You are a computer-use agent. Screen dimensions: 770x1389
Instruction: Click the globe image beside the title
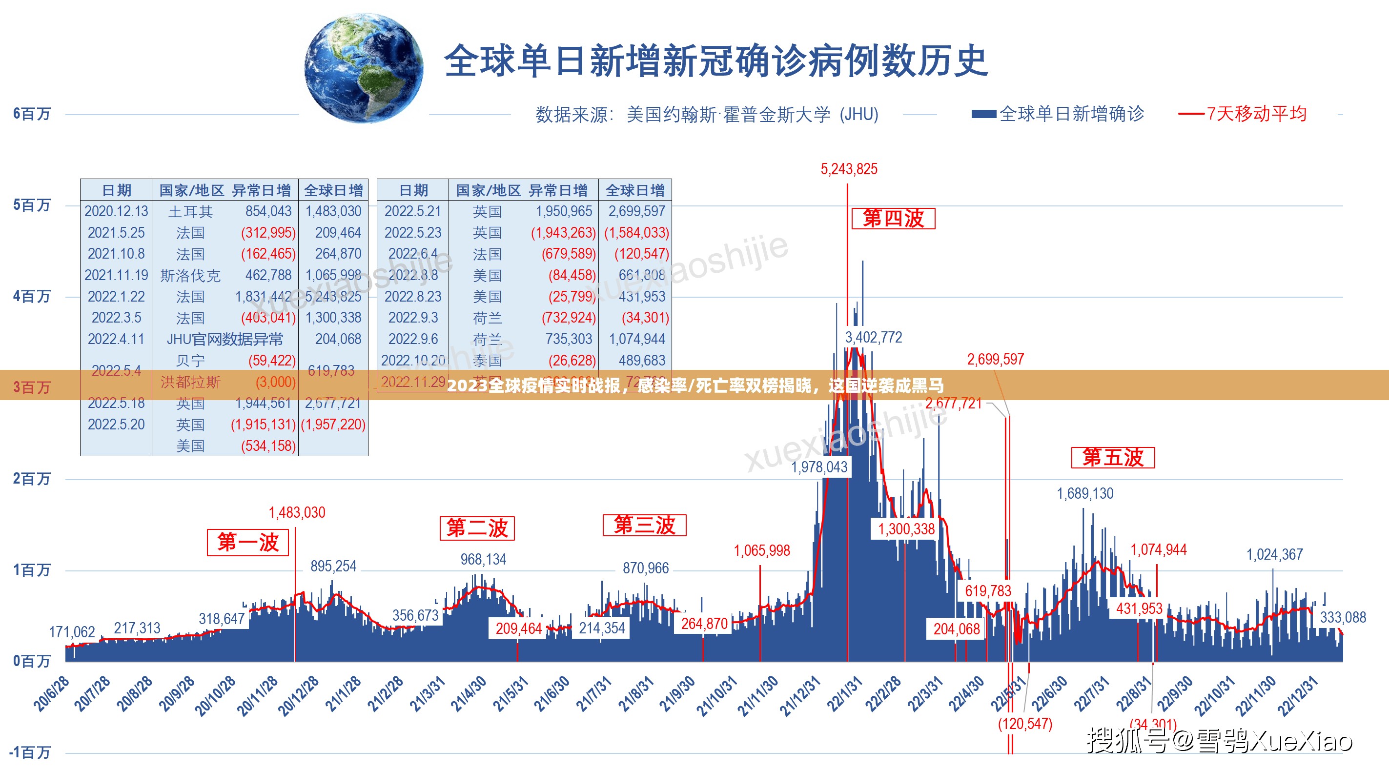[365, 68]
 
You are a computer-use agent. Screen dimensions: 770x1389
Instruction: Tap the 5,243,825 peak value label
[849, 169]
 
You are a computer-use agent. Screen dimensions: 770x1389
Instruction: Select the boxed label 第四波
[893, 219]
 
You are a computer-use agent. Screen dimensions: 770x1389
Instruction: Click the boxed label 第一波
[247, 543]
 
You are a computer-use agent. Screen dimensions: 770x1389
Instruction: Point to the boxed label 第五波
[1112, 458]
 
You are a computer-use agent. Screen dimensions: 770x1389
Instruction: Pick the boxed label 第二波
[477, 528]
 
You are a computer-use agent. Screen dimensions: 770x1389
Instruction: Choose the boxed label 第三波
[644, 525]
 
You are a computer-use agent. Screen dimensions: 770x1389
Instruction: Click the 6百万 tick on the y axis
[32, 114]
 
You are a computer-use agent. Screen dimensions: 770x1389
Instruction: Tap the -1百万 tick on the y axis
[30, 751]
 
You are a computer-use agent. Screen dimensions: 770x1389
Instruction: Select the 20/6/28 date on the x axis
[52, 694]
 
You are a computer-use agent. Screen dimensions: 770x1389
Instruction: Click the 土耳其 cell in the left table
[190, 211]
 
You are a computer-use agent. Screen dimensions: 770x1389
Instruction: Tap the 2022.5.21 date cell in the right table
[412, 211]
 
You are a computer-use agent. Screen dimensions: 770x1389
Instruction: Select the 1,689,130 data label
[1084, 493]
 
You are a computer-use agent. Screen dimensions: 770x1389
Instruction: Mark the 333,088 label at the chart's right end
[1343, 617]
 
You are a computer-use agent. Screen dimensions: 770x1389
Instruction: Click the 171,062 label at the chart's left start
[72, 632]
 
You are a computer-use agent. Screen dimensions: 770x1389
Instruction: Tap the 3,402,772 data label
[873, 338]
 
